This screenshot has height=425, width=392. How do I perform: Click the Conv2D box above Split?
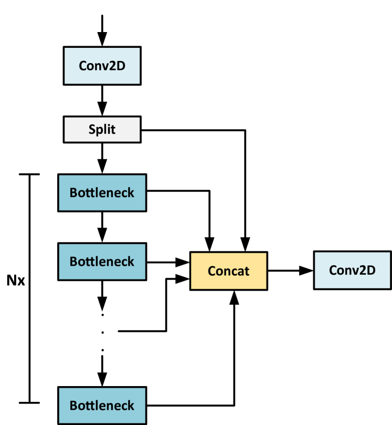(x=102, y=66)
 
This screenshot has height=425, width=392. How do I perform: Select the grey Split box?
(x=102, y=129)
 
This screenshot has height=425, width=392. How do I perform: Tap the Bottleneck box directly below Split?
(x=102, y=192)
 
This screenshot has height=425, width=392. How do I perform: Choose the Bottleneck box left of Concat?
(x=102, y=261)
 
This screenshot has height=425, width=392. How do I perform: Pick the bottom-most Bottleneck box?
(x=102, y=406)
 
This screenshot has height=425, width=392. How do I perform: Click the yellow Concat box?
(x=228, y=271)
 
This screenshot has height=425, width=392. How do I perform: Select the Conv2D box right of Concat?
(x=352, y=270)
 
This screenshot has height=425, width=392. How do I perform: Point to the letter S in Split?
(x=92, y=129)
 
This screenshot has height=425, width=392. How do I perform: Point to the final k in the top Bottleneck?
(x=131, y=192)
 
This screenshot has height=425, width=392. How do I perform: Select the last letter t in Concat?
(x=247, y=271)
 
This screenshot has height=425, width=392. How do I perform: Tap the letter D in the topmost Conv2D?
(x=121, y=66)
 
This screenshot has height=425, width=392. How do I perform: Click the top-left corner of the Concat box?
(x=192, y=254)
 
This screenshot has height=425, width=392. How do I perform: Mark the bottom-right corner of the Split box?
(x=140, y=141)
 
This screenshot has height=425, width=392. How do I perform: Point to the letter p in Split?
(x=99, y=130)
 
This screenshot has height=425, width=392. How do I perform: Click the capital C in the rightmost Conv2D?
(x=333, y=270)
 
